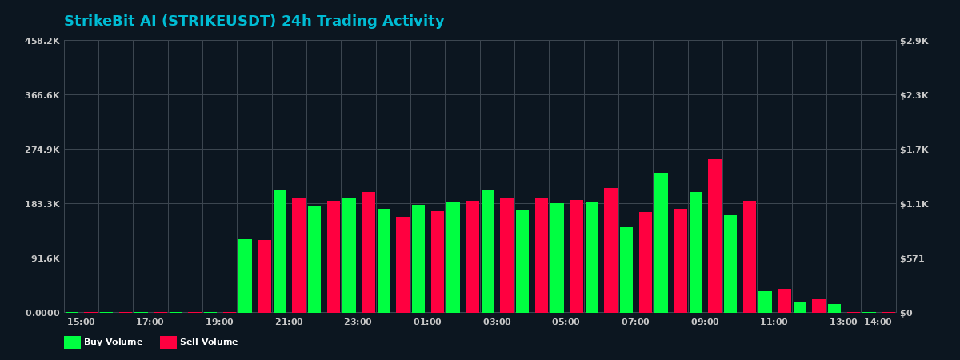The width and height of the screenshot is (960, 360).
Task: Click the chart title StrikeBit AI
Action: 254,22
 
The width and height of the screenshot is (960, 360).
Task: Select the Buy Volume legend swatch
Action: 72,342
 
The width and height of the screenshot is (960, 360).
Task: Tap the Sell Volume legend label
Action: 209,342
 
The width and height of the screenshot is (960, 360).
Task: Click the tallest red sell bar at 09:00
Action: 714,236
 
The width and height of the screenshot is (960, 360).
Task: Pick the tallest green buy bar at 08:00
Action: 661,242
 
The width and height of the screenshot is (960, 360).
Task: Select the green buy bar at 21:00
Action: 280,251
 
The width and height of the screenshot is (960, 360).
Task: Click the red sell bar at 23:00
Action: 368,252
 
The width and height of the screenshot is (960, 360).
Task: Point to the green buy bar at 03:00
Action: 488,251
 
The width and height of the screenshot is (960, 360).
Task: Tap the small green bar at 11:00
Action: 765,302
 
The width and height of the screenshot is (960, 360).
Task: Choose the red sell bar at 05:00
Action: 576,256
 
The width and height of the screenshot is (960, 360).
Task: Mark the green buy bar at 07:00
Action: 626,270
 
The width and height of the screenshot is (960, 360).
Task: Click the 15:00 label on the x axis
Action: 81,322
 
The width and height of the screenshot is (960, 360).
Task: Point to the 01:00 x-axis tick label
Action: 427,322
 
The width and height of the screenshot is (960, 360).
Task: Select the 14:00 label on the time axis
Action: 878,322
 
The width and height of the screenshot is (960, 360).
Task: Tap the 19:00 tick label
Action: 219,322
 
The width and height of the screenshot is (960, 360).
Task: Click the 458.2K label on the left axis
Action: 42,41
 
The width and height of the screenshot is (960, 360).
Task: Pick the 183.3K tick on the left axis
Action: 42,204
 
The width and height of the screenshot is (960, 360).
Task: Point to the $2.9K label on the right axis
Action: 914,41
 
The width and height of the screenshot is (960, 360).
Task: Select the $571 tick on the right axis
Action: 913,258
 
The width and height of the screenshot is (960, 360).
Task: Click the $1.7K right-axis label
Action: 914,150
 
